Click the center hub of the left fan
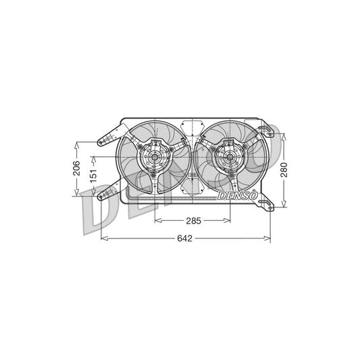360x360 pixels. (x=155, y=159)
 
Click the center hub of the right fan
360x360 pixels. (x=224, y=159)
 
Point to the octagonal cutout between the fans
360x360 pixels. (x=192, y=129)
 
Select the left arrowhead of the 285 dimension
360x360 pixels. (x=157, y=221)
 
